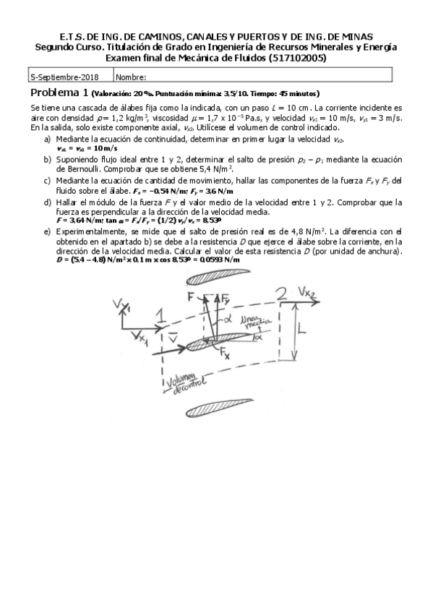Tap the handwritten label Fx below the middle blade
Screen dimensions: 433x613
tap(226, 356)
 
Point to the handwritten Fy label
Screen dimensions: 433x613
tap(226, 297)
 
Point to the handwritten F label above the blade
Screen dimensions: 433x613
tap(192, 296)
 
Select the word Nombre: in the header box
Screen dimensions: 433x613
tap(131, 76)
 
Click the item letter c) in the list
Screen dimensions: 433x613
tap(47, 180)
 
